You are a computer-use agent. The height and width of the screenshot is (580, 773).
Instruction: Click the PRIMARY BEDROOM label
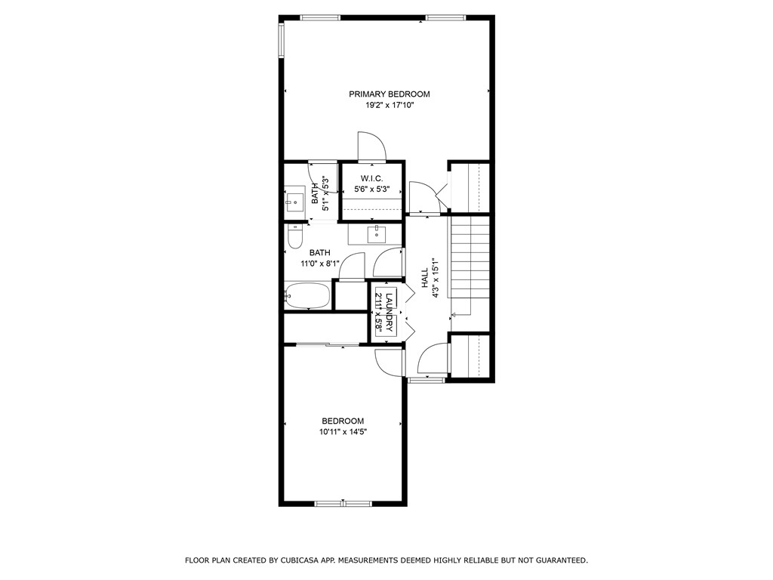click(389, 94)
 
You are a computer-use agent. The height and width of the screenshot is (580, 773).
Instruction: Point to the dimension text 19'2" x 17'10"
click(389, 106)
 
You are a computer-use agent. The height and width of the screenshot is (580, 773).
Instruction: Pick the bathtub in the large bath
click(307, 296)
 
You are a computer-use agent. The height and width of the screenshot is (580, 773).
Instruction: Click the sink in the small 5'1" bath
click(294, 200)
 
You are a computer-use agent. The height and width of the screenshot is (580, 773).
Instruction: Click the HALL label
click(425, 279)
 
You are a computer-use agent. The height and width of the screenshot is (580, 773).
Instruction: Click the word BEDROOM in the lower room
click(343, 421)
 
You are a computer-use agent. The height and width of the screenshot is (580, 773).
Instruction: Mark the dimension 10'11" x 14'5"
click(343, 432)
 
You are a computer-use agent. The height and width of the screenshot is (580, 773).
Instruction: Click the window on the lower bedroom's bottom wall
click(343, 502)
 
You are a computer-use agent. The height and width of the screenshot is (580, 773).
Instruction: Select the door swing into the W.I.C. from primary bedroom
click(371, 147)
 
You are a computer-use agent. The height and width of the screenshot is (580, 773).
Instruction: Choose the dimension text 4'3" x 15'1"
click(436, 279)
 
